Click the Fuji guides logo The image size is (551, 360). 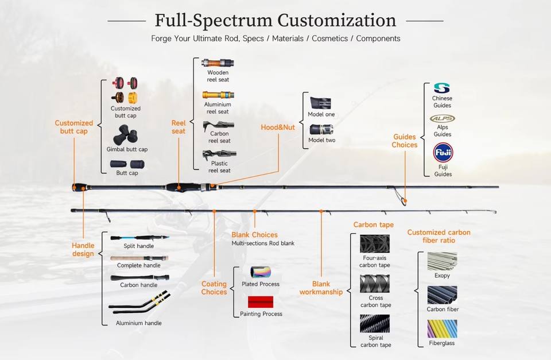coord(443,153)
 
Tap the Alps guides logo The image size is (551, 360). coord(443,118)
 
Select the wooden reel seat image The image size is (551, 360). coord(218,63)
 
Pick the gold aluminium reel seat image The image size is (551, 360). coord(218,95)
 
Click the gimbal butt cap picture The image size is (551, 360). coord(126,135)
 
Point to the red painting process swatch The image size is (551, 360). coord(261,301)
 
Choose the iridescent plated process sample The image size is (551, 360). coord(261,272)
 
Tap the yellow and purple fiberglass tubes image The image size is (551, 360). coord(442,329)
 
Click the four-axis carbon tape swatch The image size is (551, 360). coord(375,244)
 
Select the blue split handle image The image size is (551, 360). coord(140,238)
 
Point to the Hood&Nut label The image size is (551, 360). coord(278,127)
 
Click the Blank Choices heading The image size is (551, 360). coord(254,235)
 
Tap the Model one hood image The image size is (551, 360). coord(320,103)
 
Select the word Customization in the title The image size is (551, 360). coord(337,20)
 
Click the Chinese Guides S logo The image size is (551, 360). coord(442,88)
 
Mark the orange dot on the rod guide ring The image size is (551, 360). coord(405,201)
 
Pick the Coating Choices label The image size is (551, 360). coord(214,288)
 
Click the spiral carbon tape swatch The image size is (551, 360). coord(375,324)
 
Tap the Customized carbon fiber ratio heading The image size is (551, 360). coord(439,236)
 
